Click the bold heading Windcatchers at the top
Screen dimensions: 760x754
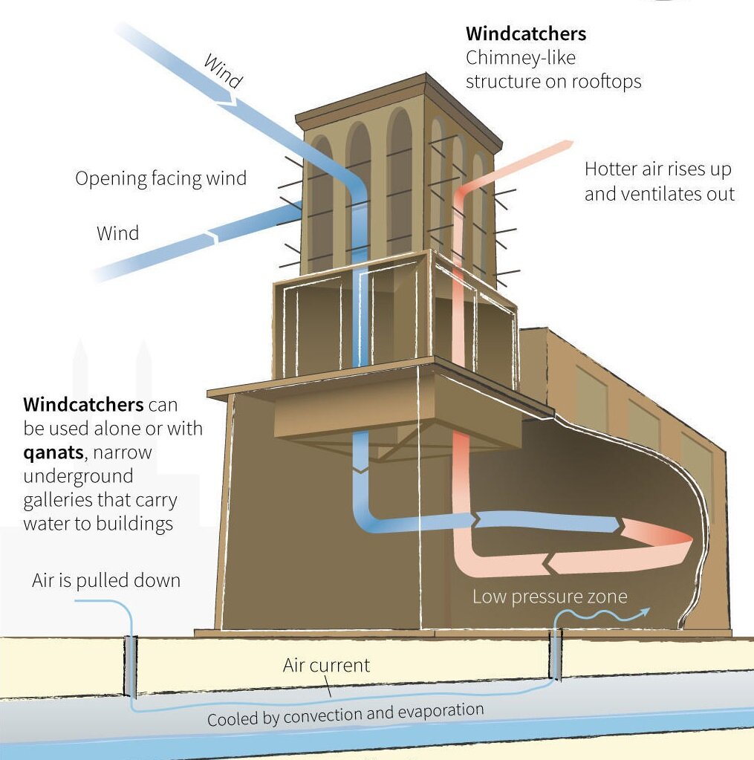tap(525, 33)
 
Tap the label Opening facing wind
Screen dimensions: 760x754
tap(160, 178)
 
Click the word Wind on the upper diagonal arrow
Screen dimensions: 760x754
tap(222, 72)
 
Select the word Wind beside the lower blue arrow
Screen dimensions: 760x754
tap(117, 233)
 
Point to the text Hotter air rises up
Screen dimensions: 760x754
tap(657, 169)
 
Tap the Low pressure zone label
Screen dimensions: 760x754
tap(550, 597)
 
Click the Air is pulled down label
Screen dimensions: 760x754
tap(106, 580)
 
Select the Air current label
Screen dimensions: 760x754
tap(326, 665)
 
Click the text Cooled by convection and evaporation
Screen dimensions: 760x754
tap(345, 714)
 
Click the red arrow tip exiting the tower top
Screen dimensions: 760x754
tap(568, 143)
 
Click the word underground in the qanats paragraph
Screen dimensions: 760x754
tap(78, 475)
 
